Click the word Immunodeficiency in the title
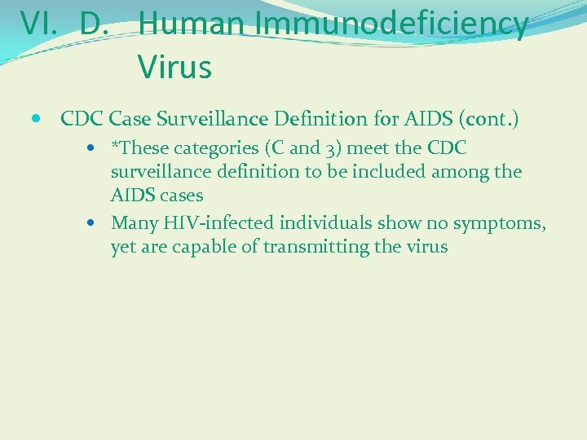pyautogui.click(x=391, y=24)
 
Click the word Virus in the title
pyautogui.click(x=174, y=67)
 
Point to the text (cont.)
pyautogui.click(x=488, y=119)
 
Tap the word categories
pyautogui.click(x=216, y=149)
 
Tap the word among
pyautogui.click(x=461, y=172)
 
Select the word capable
pyautogui.click(x=208, y=246)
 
